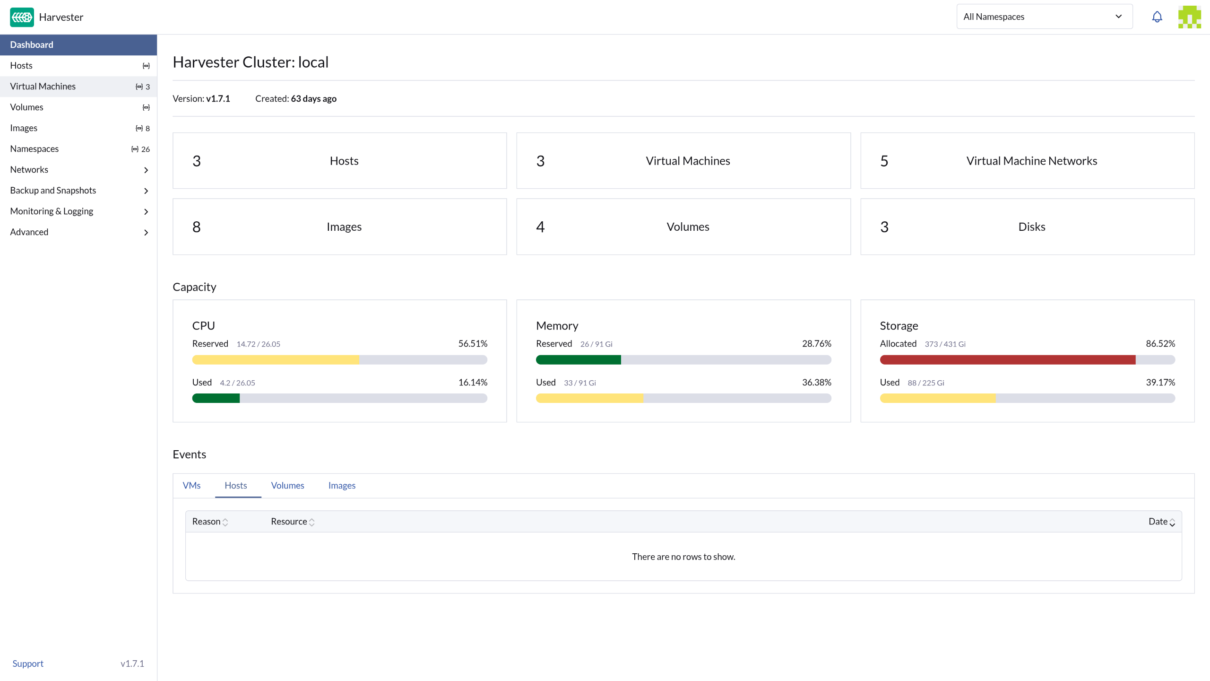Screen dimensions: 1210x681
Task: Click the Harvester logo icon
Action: click(x=22, y=17)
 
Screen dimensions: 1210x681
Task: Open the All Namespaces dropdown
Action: click(x=1044, y=17)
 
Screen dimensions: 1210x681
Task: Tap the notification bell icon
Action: click(x=1157, y=17)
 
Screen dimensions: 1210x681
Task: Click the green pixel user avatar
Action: click(x=1189, y=17)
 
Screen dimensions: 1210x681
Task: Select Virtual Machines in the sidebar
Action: click(x=43, y=87)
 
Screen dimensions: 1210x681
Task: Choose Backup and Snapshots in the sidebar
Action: click(x=53, y=191)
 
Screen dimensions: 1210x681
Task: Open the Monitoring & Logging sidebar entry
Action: click(x=52, y=211)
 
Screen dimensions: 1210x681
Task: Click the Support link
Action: click(x=28, y=664)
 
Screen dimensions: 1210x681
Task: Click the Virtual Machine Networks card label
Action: click(x=1031, y=161)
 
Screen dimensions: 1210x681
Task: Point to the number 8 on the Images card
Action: click(x=197, y=227)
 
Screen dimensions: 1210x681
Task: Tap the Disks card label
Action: click(x=1031, y=227)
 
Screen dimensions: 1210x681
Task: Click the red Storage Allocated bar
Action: click(x=1007, y=360)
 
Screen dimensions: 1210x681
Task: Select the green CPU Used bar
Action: click(x=216, y=399)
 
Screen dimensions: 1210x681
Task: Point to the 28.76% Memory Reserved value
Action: click(x=816, y=344)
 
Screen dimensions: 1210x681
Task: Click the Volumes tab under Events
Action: click(x=287, y=486)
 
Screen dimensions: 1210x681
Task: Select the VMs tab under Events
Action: click(x=191, y=486)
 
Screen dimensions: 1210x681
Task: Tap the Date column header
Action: click(x=1161, y=522)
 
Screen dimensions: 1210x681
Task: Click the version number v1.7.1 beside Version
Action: click(x=218, y=99)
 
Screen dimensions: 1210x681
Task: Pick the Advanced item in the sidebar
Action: click(x=29, y=232)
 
